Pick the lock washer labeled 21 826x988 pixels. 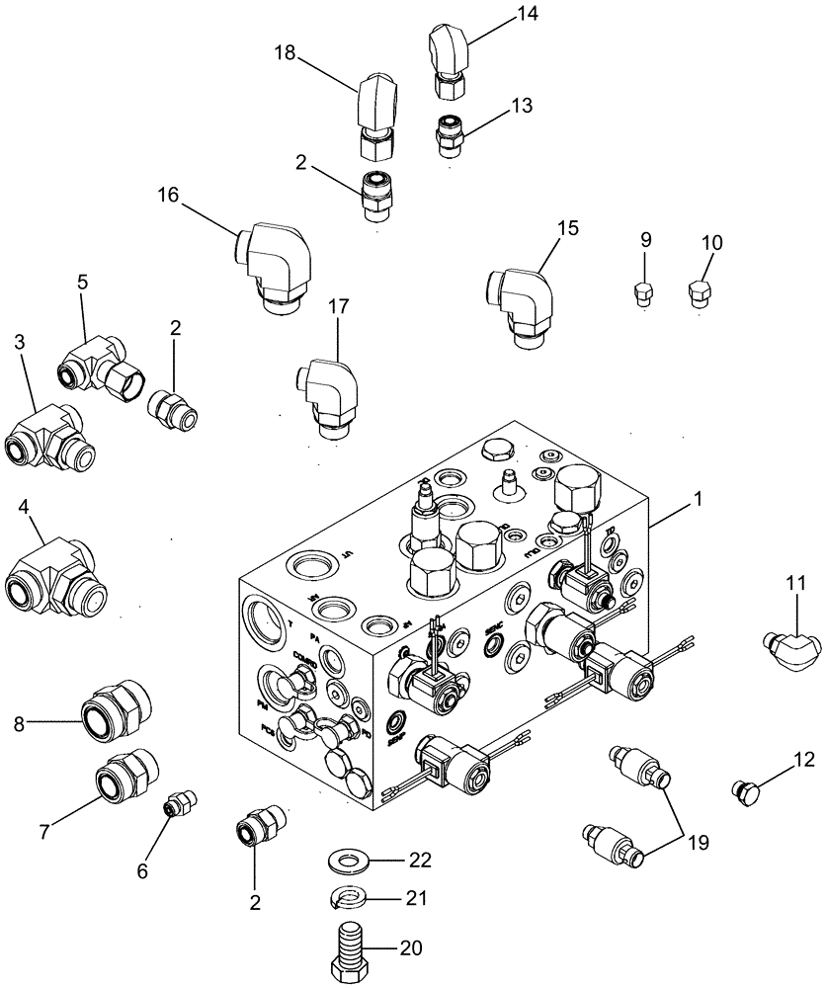[348, 897]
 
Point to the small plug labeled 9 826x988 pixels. [642, 292]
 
